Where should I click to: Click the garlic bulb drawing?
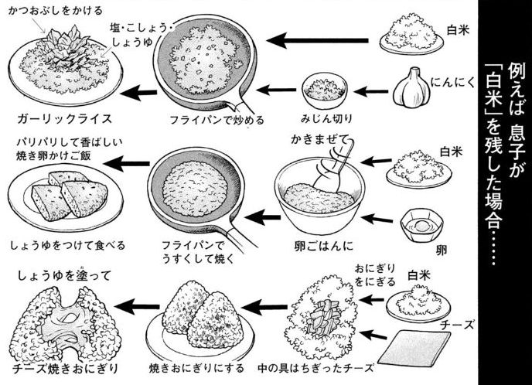click(411, 88)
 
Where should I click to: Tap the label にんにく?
click(453, 83)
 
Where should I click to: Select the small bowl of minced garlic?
click(325, 89)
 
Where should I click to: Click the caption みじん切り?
click(326, 119)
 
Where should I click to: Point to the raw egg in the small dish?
click(421, 224)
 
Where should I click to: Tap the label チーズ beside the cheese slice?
click(457, 325)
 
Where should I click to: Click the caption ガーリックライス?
click(64, 119)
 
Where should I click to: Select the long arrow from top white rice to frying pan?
click(318, 40)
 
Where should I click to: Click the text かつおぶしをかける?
click(55, 11)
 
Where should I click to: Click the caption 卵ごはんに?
click(323, 246)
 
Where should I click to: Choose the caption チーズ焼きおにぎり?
click(65, 369)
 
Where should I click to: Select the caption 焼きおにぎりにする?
click(196, 368)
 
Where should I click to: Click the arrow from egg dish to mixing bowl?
click(377, 219)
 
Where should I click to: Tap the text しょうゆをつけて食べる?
click(67, 246)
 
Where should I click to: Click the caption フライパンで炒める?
click(217, 120)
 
